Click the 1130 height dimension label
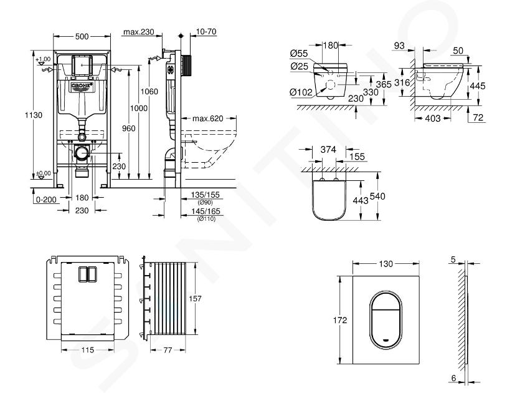pos(21,116)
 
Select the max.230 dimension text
pos(139,32)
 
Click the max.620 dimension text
pos(207,119)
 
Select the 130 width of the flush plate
pos(387,264)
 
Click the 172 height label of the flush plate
pos(331,319)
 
